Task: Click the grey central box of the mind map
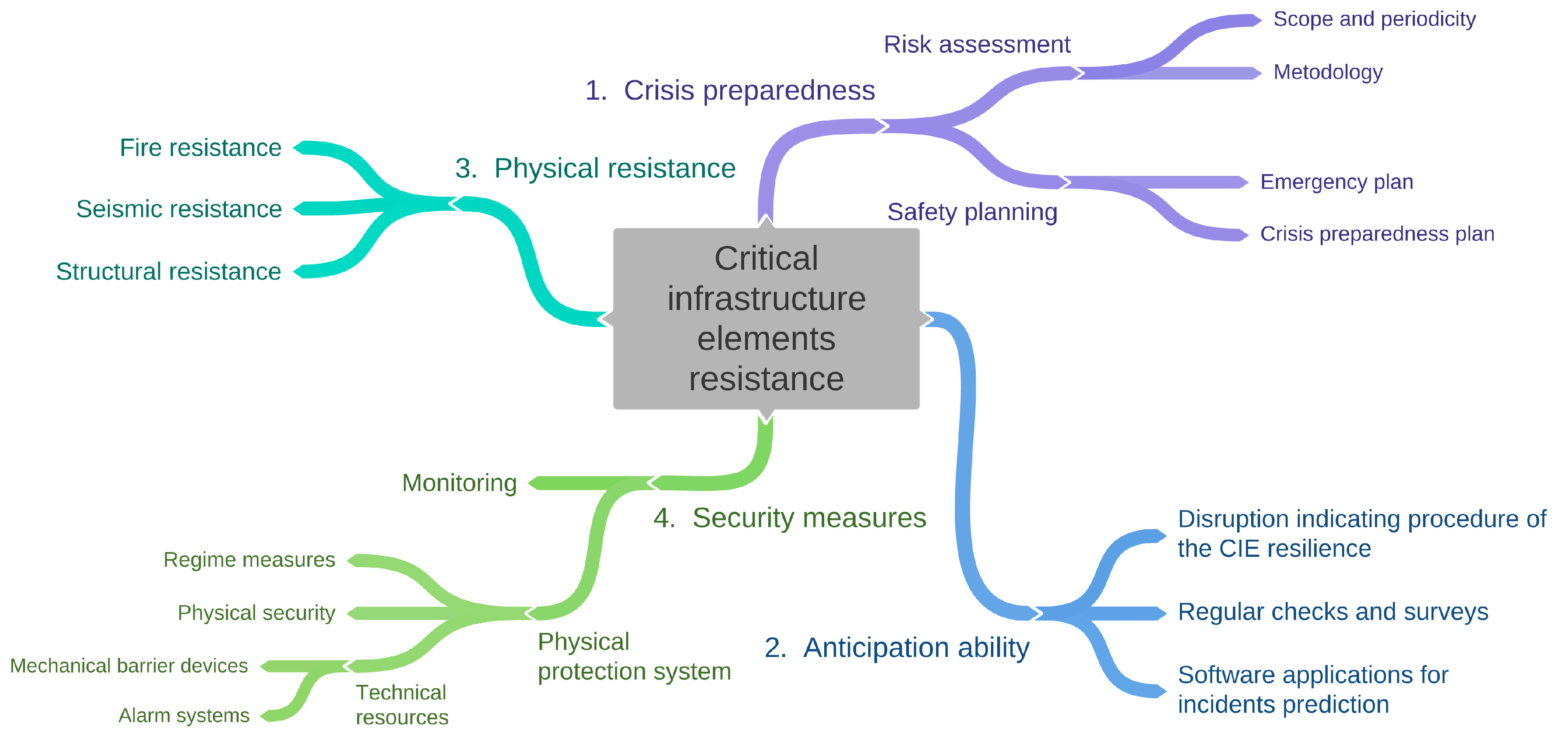(x=766, y=319)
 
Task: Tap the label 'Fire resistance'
(x=200, y=148)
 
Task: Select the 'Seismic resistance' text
(x=179, y=209)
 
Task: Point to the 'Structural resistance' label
(x=168, y=271)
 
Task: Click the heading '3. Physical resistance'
(x=595, y=168)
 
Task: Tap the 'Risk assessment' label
(x=977, y=44)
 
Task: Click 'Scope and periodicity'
(x=1374, y=19)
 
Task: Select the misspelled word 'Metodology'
(x=1328, y=72)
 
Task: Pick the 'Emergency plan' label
(x=1336, y=181)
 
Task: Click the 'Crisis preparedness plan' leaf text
(x=1377, y=233)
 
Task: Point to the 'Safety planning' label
(x=972, y=212)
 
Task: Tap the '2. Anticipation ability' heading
(x=896, y=648)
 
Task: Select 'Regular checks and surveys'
(x=1333, y=612)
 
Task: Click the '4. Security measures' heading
(x=789, y=518)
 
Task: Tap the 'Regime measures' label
(x=249, y=560)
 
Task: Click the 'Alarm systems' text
(x=184, y=715)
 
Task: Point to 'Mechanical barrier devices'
(x=129, y=666)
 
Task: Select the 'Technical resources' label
(x=402, y=704)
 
